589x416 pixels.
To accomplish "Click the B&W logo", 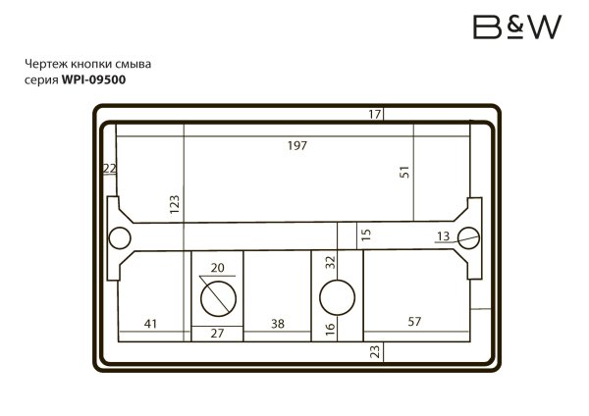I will click(516, 26).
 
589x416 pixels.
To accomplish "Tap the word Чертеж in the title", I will click(44, 66).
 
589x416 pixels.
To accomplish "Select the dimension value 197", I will click(297, 146).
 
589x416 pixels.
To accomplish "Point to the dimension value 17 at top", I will click(375, 115).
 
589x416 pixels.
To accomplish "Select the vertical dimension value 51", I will click(403, 172).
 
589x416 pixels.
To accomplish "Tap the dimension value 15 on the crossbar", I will click(366, 234).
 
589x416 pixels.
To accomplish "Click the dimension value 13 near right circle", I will click(443, 235).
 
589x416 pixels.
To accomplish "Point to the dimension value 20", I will click(217, 268).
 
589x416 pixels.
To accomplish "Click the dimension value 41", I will click(151, 323).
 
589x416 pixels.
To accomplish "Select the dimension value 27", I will click(217, 334).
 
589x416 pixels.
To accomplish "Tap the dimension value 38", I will click(278, 323).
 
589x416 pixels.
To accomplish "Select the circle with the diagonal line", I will click(216, 295).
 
